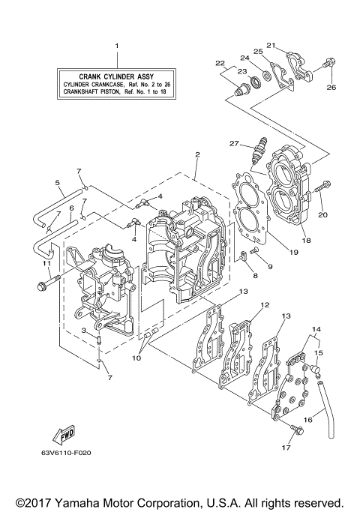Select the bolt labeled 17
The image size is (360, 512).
coord(295,430)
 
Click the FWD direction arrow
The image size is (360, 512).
coord(64,435)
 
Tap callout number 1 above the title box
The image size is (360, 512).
coord(117,46)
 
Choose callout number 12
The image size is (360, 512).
coord(265,305)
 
